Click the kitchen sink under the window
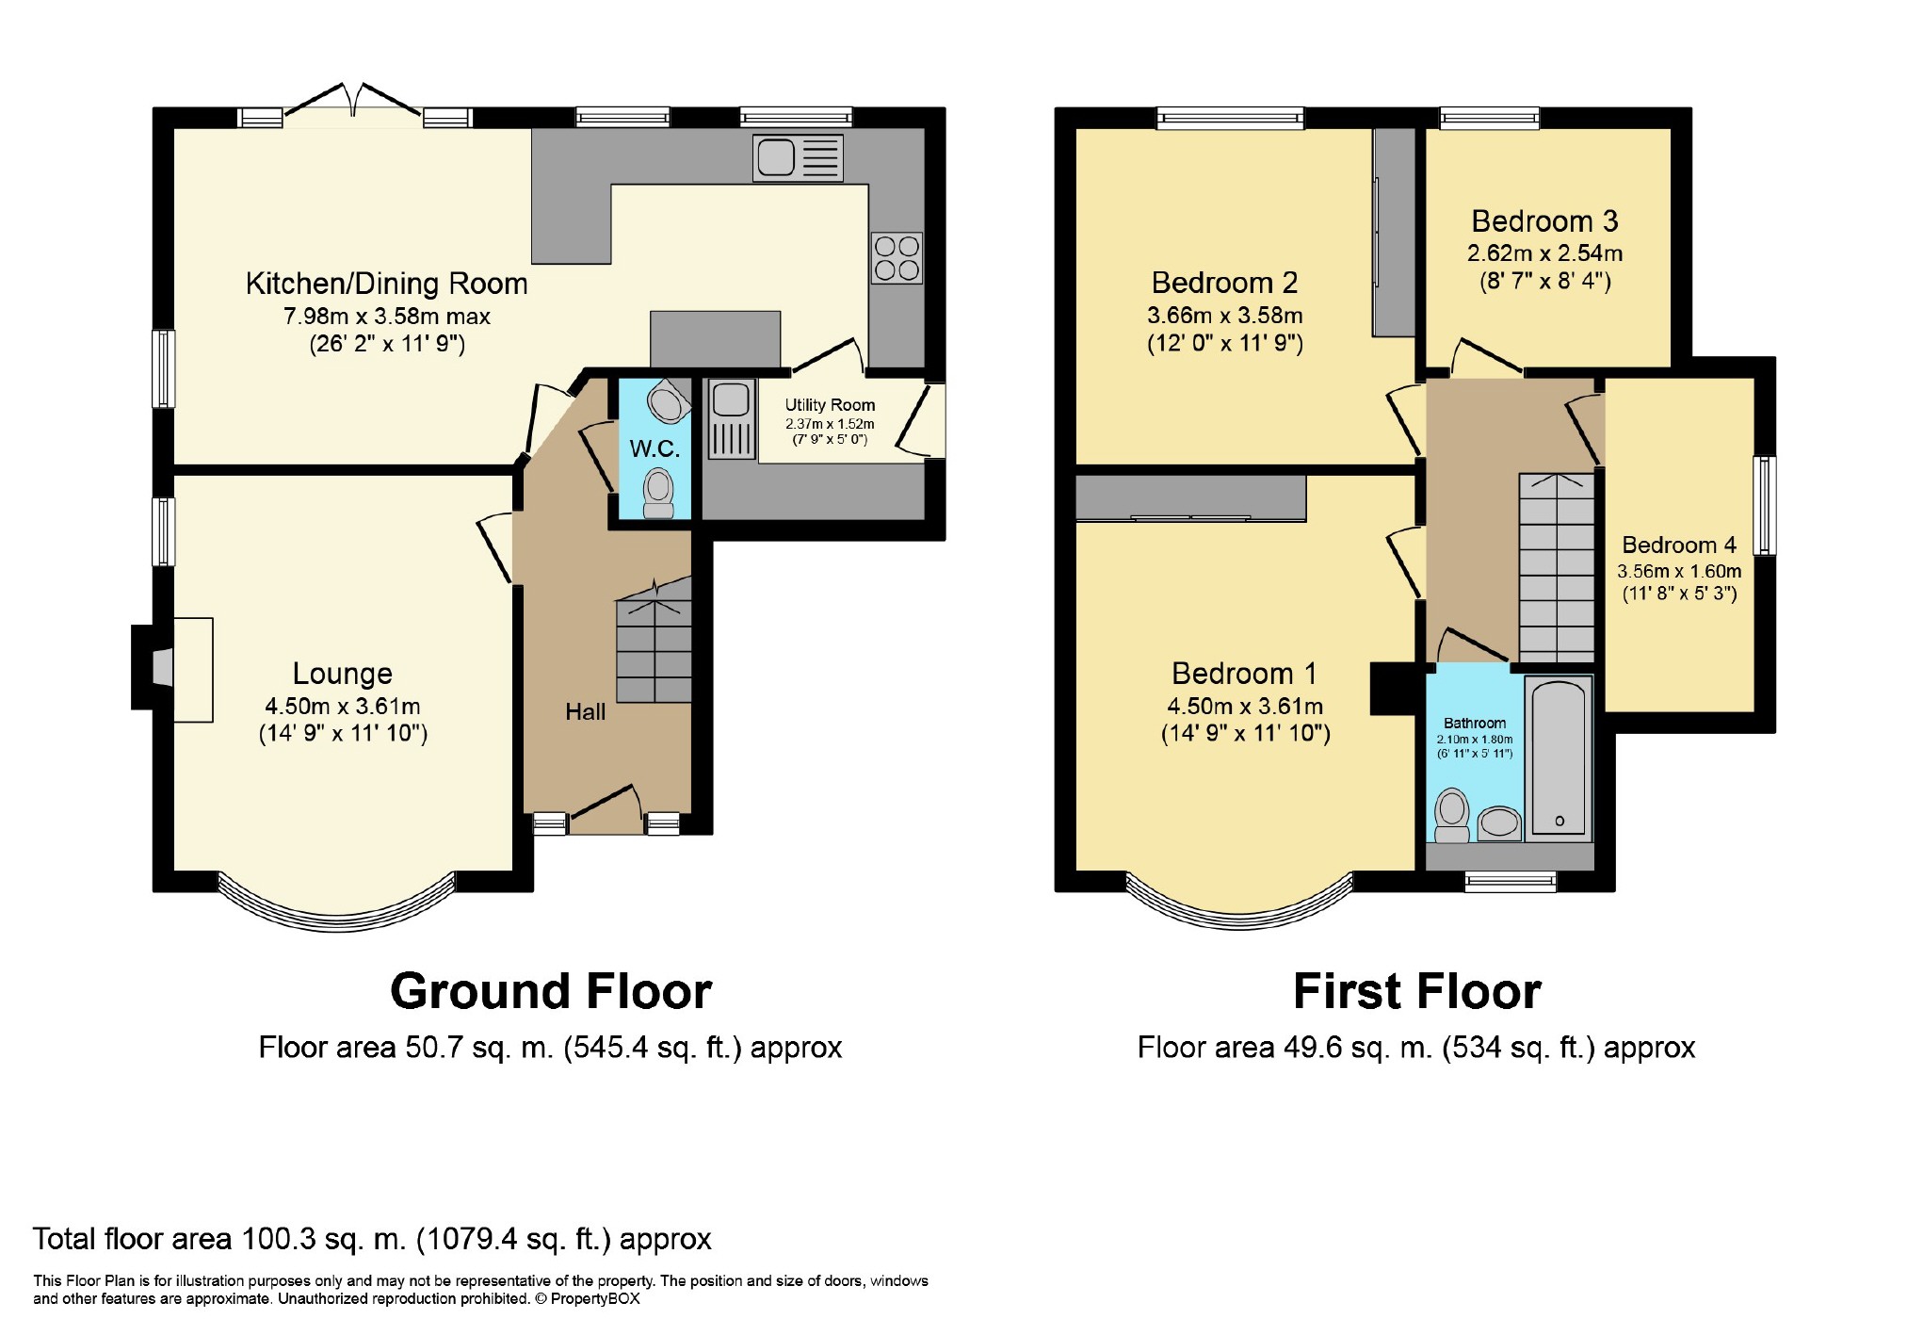pyautogui.click(x=797, y=157)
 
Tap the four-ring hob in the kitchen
pyautogui.click(x=896, y=258)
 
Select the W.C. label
pyautogui.click(x=655, y=448)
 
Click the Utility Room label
pyautogui.click(x=830, y=405)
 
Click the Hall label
pyautogui.click(x=585, y=712)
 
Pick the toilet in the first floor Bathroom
pyautogui.click(x=1452, y=816)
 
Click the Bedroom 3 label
pyautogui.click(x=1544, y=221)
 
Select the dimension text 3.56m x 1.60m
pyautogui.click(x=1679, y=571)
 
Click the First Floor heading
pyautogui.click(x=1416, y=992)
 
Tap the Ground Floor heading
pyautogui.click(x=551, y=992)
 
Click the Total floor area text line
pyautogui.click(x=372, y=1239)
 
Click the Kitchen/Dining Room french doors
pyautogui.click(x=353, y=104)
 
